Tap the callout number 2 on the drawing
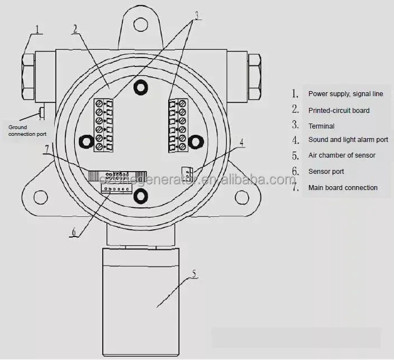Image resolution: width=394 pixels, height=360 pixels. tap(75, 29)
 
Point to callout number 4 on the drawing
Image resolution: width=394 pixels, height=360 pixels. tap(241, 143)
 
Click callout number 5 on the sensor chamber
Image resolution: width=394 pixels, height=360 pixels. tap(193, 273)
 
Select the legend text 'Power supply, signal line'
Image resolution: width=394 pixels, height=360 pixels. tap(345, 94)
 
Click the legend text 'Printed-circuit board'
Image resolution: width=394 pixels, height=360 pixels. tap(339, 111)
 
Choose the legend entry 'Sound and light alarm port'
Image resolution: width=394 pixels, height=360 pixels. tap(348, 140)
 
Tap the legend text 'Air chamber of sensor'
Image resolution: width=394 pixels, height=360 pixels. tap(341, 155)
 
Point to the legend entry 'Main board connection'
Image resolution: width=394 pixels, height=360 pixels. tap(343, 188)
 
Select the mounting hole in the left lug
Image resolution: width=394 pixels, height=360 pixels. tap(40, 195)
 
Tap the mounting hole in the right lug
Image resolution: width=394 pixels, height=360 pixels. tap(241, 196)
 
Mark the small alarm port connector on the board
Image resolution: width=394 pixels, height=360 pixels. tap(187, 173)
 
